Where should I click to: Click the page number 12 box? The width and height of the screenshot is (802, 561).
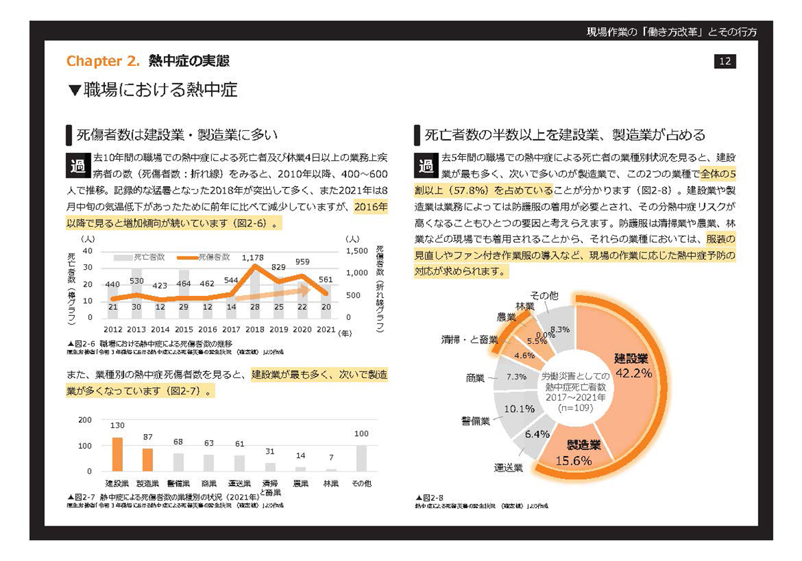725,62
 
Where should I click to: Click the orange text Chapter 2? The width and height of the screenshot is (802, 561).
103,62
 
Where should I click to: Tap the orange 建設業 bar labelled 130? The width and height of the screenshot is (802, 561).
117,455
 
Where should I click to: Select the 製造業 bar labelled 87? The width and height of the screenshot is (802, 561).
147,459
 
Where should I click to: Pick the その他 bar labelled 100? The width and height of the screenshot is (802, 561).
361,458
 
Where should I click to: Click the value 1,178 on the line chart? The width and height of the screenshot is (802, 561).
254,257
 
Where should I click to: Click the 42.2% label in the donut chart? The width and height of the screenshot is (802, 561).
633,373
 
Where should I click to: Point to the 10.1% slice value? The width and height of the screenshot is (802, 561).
519,409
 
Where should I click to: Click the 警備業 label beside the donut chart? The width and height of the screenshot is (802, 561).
475,421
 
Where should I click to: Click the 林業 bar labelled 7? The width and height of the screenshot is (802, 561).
331,470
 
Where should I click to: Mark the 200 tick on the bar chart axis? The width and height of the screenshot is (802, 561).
85,420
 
